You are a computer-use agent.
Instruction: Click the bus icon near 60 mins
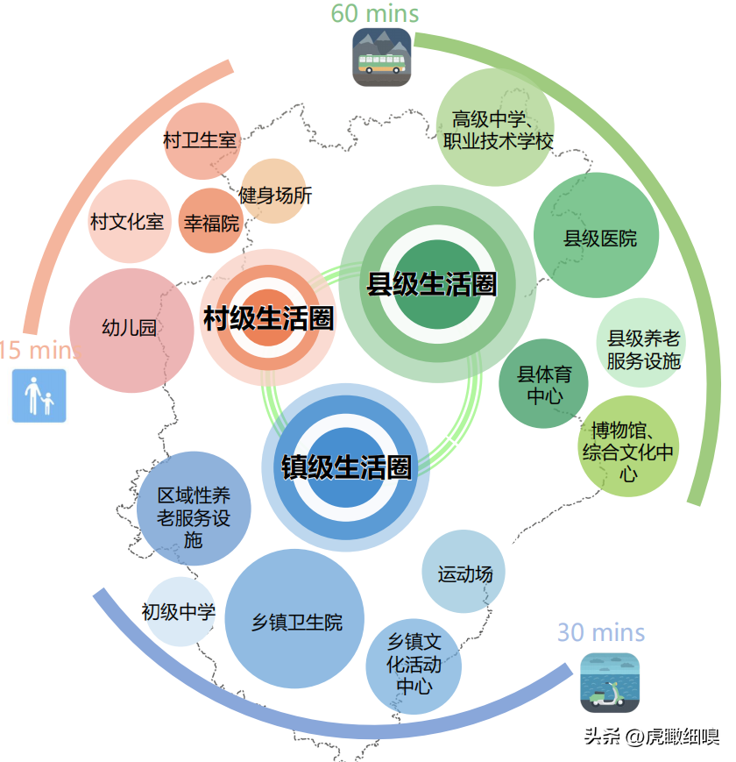pyautogui.click(x=381, y=58)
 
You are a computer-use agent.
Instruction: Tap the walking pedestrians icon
pyautogui.click(x=39, y=395)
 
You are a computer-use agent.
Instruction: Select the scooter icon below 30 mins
pyautogui.click(x=610, y=683)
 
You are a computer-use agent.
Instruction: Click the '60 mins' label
pyautogui.click(x=375, y=14)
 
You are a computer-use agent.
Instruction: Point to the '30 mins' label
pyautogui.click(x=601, y=632)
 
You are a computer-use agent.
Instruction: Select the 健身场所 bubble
pyautogui.click(x=273, y=193)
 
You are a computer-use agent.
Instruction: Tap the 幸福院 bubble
pyautogui.click(x=211, y=222)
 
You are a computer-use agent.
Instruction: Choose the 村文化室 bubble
pyautogui.click(x=128, y=222)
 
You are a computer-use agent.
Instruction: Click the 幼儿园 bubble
pyautogui.click(x=131, y=330)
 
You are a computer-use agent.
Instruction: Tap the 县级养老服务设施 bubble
pyautogui.click(x=643, y=349)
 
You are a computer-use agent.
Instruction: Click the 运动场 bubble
pyautogui.click(x=464, y=573)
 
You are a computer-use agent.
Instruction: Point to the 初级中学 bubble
pyautogui.click(x=179, y=612)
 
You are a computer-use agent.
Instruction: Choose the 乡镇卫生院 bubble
pyautogui.click(x=295, y=622)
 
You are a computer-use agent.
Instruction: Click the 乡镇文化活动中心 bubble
pyautogui.click(x=414, y=664)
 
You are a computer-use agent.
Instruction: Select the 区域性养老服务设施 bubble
pyautogui.click(x=194, y=508)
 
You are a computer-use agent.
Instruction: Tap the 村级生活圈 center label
pyautogui.click(x=268, y=318)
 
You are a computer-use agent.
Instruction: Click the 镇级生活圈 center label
pyautogui.click(x=347, y=466)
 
